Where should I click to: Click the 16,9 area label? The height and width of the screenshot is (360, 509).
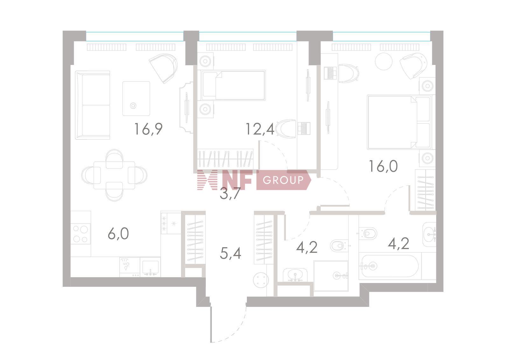[148, 129]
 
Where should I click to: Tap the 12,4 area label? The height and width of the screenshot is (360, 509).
[260, 129]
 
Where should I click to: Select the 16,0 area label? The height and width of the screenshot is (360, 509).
[383, 166]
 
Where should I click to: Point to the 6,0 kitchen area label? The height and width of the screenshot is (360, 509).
[118, 234]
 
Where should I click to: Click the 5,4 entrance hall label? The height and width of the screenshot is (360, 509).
[230, 253]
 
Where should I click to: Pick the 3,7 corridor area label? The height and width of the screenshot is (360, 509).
[230, 194]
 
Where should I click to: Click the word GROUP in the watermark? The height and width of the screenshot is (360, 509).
[283, 180]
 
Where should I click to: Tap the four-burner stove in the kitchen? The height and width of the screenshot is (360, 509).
[81, 234]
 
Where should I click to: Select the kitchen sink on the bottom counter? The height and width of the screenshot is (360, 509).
[150, 267]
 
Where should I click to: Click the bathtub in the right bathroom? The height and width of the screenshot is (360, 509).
[390, 266]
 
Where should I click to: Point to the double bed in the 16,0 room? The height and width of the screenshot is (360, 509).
[399, 122]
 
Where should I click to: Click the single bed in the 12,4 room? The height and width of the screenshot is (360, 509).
[232, 85]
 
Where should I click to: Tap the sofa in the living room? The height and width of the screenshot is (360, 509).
[93, 105]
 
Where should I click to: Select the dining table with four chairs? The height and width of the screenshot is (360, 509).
[114, 175]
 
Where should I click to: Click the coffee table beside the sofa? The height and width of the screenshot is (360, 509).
[136, 98]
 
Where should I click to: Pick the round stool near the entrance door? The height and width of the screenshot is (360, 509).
[261, 280]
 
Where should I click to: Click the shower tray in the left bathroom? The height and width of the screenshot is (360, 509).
[331, 276]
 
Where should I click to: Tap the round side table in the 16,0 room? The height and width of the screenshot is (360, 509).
[384, 61]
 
